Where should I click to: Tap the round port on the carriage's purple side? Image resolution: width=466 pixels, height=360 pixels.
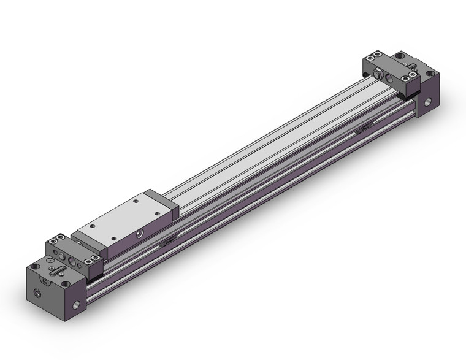(x=140, y=233)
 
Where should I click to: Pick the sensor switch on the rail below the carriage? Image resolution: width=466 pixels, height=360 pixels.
(x=166, y=243)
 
